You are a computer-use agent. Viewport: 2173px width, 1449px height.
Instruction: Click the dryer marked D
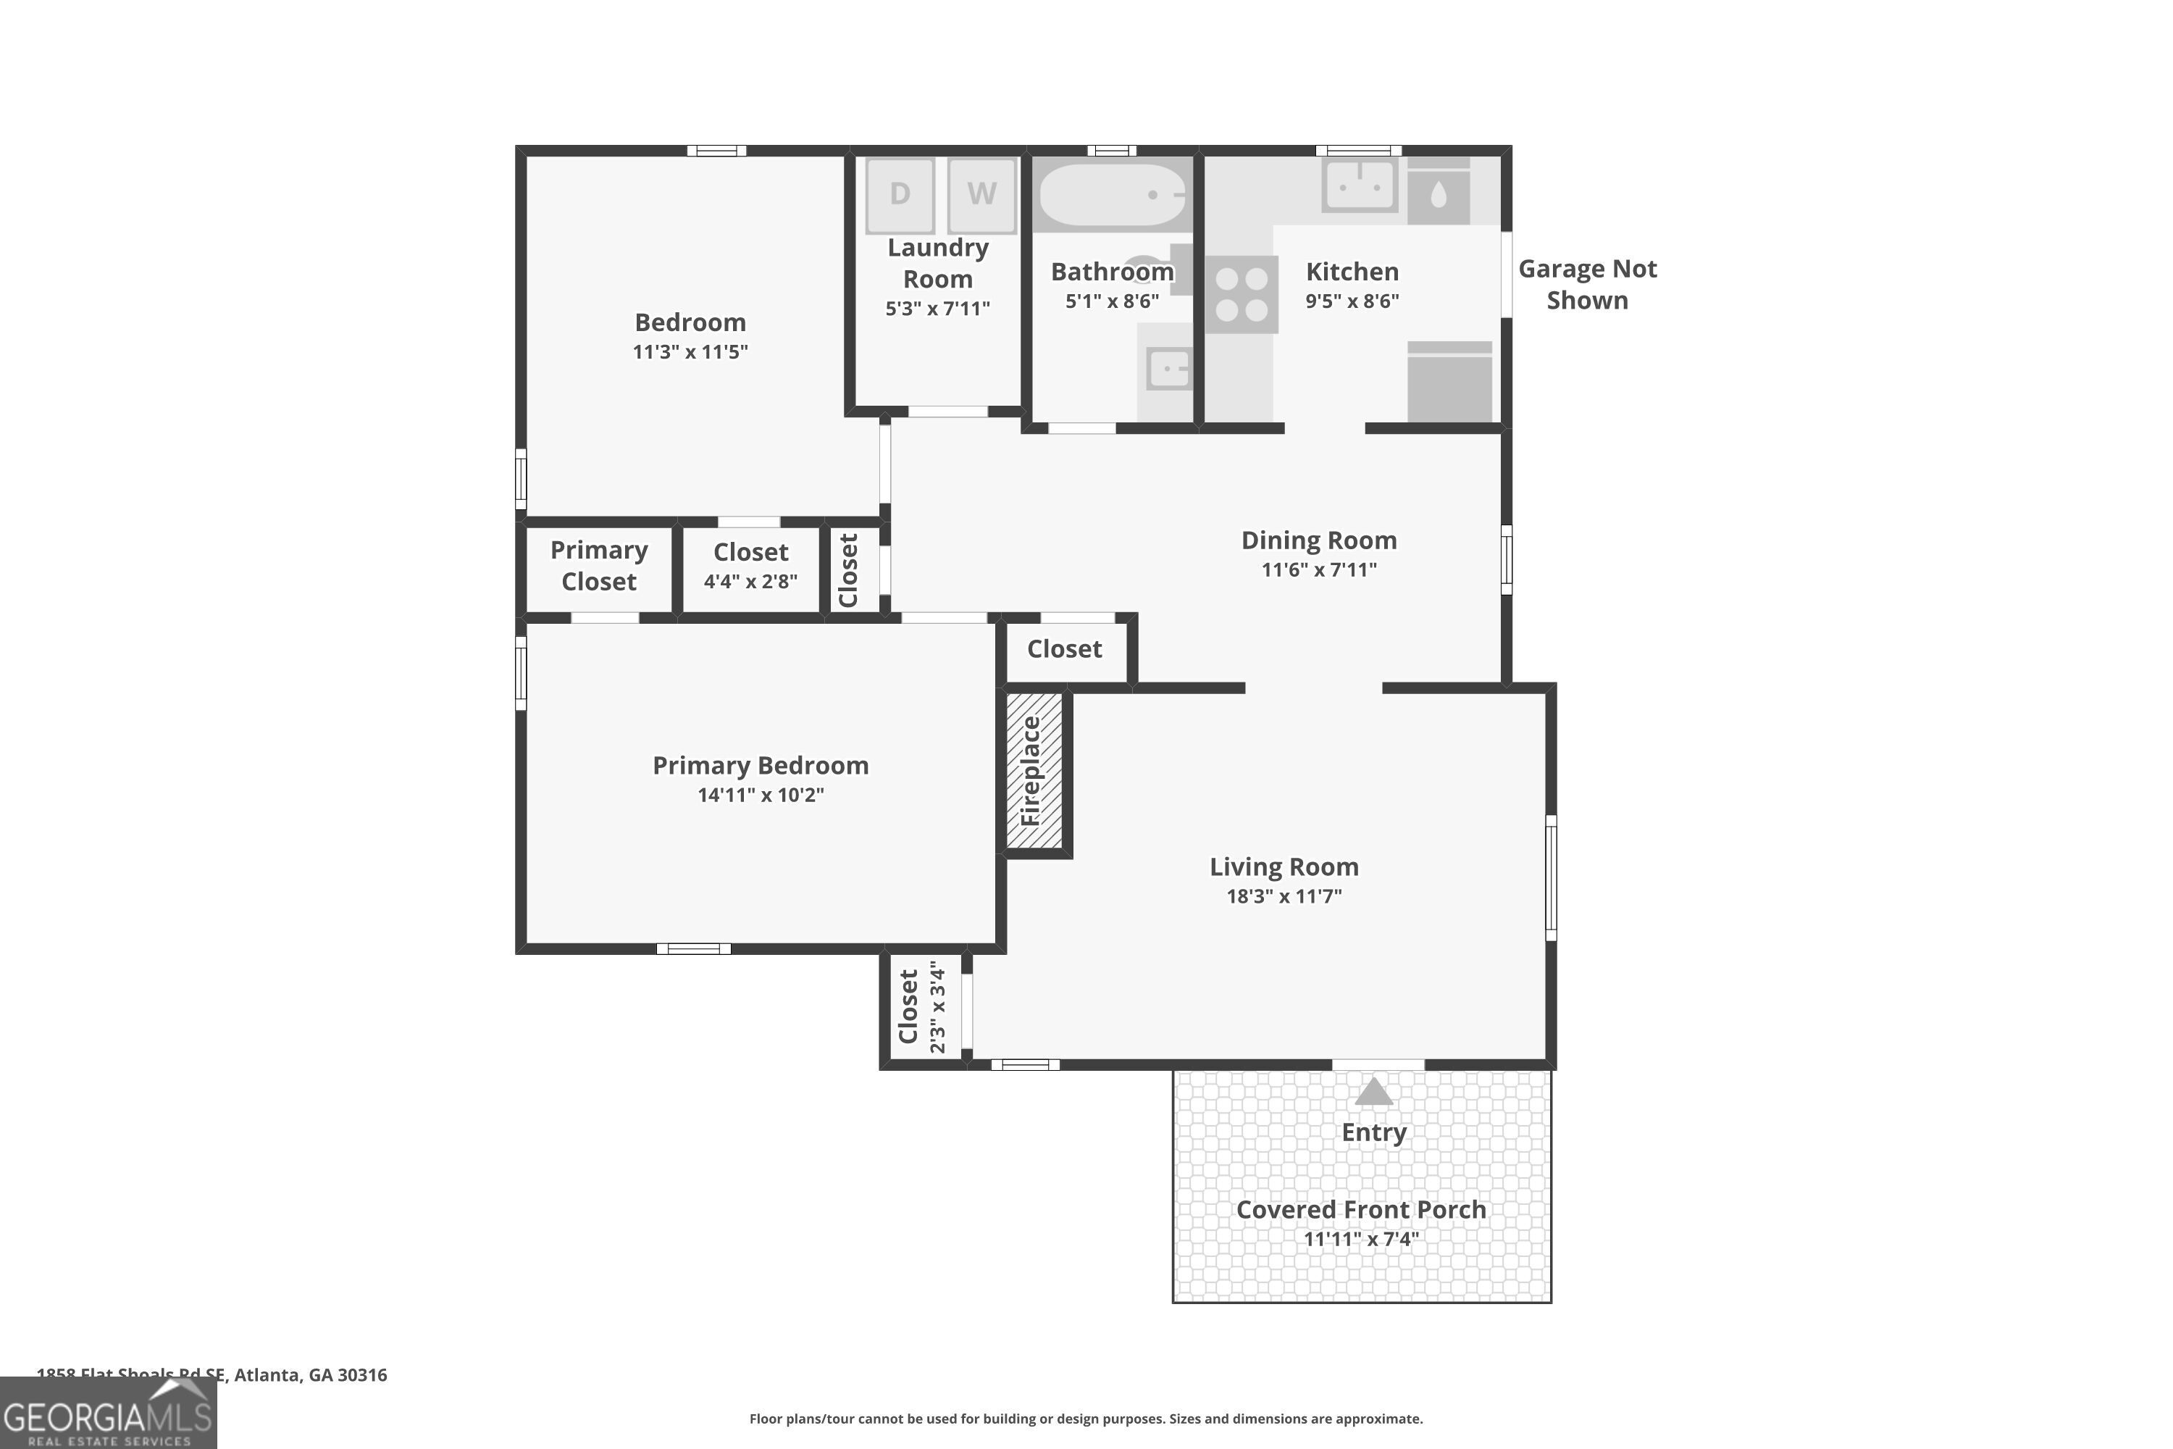(x=899, y=194)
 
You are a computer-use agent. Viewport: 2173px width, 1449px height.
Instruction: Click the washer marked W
(x=981, y=194)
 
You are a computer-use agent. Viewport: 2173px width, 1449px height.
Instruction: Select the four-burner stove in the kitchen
(x=1242, y=295)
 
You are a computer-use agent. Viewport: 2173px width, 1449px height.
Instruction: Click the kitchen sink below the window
(x=1358, y=185)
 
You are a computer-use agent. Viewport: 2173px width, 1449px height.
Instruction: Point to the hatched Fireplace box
(x=1034, y=769)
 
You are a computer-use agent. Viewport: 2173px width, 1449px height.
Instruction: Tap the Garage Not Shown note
(x=1586, y=284)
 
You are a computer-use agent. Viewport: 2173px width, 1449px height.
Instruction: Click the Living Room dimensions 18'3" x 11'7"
(x=1284, y=895)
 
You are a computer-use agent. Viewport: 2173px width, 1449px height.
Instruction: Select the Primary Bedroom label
(x=761, y=765)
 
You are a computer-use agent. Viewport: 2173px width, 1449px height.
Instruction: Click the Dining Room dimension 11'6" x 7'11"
(x=1318, y=569)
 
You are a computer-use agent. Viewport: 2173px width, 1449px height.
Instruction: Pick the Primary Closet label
(x=599, y=566)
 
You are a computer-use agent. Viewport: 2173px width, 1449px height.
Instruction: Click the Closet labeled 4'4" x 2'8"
(x=750, y=566)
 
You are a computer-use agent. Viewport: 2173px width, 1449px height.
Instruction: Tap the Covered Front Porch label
(x=1361, y=1210)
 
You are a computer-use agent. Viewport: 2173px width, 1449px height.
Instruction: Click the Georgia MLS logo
(x=108, y=1415)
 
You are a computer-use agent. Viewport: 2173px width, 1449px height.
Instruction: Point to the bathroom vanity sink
(x=1169, y=369)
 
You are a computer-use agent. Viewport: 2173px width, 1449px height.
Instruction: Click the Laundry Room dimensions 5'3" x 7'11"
(x=937, y=309)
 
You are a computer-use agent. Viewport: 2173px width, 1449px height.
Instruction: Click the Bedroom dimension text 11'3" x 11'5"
(x=690, y=351)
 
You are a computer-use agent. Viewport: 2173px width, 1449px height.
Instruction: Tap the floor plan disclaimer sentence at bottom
(x=1086, y=1419)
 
